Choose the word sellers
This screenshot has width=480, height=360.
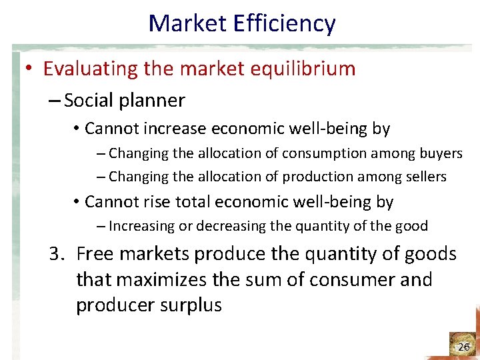click(x=422, y=177)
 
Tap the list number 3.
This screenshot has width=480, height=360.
click(x=56, y=254)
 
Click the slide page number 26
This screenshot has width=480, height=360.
click(x=464, y=347)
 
